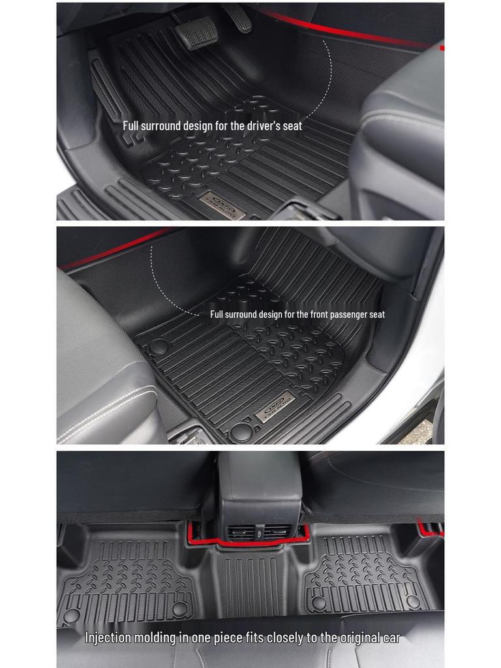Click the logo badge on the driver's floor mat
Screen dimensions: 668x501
(222, 205)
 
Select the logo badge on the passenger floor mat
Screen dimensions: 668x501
(275, 408)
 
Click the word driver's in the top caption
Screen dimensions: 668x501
(255, 125)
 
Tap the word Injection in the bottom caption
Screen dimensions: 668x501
(108, 637)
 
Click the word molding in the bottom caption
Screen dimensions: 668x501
(155, 637)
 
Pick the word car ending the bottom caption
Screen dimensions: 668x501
(390, 637)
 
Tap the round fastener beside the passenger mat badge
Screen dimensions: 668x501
(241, 431)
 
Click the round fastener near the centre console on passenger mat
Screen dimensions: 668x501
(159, 346)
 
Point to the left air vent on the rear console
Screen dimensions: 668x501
(243, 532)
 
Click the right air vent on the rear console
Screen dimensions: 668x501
(277, 532)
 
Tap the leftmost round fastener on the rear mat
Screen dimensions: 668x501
(71, 615)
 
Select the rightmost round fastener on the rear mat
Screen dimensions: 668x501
(413, 601)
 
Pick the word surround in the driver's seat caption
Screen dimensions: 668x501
(170, 125)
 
